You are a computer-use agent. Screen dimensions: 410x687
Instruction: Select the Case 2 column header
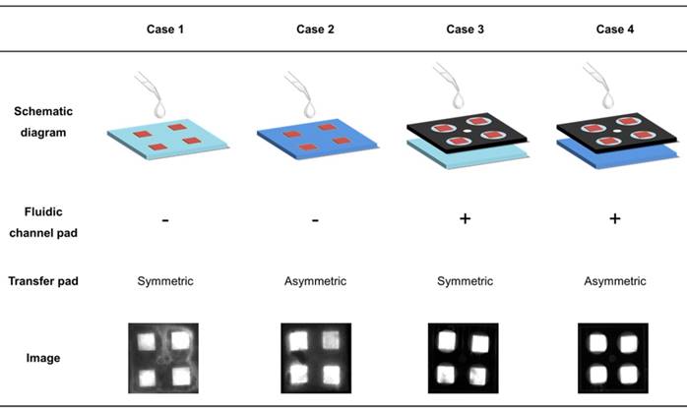point(315,29)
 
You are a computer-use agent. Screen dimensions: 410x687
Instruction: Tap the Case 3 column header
point(465,29)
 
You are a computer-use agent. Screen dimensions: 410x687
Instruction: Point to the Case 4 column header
point(614,29)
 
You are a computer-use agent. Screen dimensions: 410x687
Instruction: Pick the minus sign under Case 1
point(164,219)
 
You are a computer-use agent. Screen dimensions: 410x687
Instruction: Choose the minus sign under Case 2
point(315,219)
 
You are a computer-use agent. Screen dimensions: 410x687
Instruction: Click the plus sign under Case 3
point(465,218)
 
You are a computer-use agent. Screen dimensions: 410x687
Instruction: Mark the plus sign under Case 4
point(614,218)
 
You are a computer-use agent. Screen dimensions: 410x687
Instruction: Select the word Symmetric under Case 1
point(164,282)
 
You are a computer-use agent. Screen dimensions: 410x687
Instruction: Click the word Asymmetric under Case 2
point(315,282)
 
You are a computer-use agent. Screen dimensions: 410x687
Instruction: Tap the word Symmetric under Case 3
point(465,282)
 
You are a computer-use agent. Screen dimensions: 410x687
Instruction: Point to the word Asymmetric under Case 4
point(614,282)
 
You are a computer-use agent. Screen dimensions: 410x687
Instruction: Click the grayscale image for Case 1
point(164,358)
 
